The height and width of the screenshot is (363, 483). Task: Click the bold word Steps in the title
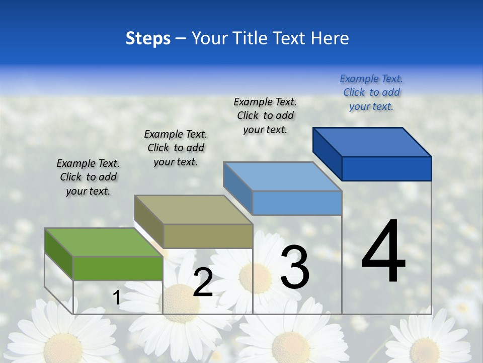(x=148, y=38)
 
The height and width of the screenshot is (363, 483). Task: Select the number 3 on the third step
(x=294, y=267)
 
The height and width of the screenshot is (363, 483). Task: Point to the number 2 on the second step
(x=203, y=283)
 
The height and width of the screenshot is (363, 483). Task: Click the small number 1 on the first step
(x=116, y=298)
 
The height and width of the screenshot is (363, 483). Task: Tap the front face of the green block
(x=118, y=268)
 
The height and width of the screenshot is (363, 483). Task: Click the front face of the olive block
(x=208, y=236)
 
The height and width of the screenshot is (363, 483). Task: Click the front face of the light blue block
(x=297, y=203)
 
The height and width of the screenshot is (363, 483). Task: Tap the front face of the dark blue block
(x=386, y=168)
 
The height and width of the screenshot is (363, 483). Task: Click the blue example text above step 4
(x=371, y=93)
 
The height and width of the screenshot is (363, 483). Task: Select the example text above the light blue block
(x=265, y=115)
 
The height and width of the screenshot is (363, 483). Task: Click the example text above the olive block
(x=176, y=148)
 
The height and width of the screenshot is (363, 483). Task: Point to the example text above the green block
(x=88, y=177)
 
